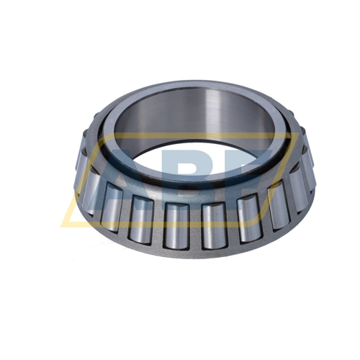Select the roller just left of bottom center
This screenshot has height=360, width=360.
pos(176,225)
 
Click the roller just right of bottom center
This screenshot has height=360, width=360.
pos(214,225)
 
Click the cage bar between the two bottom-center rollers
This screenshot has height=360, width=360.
pos(194,227)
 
